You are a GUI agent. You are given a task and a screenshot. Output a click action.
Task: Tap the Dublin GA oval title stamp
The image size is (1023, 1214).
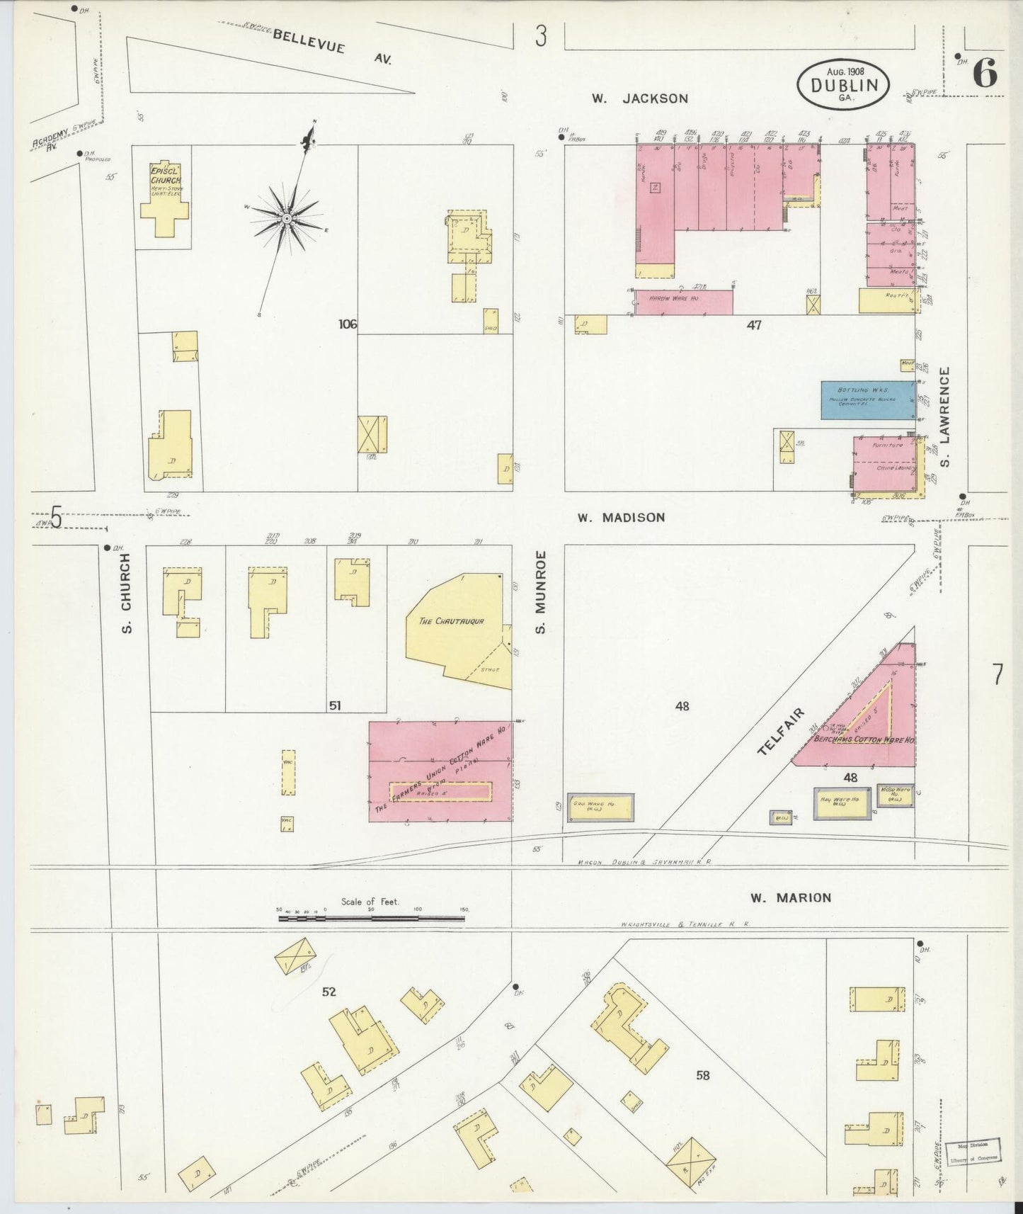[844, 84]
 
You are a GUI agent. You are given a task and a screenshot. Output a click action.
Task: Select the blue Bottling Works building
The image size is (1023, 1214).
[867, 400]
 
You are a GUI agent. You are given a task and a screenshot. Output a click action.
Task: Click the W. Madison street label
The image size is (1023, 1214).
[621, 518]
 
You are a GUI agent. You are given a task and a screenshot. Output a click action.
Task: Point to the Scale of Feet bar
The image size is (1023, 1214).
[372, 918]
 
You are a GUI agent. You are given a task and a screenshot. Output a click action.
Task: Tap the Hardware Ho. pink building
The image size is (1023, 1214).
[682, 301]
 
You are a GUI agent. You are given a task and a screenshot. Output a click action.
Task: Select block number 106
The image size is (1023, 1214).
[348, 324]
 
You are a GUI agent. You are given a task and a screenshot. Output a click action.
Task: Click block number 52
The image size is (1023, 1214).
[328, 992]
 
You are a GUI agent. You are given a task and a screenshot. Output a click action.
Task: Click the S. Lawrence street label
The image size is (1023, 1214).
[945, 416]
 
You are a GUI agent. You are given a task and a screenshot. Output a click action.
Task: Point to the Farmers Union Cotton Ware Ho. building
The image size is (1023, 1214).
[440, 771]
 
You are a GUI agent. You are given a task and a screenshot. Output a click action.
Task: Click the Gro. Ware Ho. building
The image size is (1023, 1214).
[600, 807]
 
